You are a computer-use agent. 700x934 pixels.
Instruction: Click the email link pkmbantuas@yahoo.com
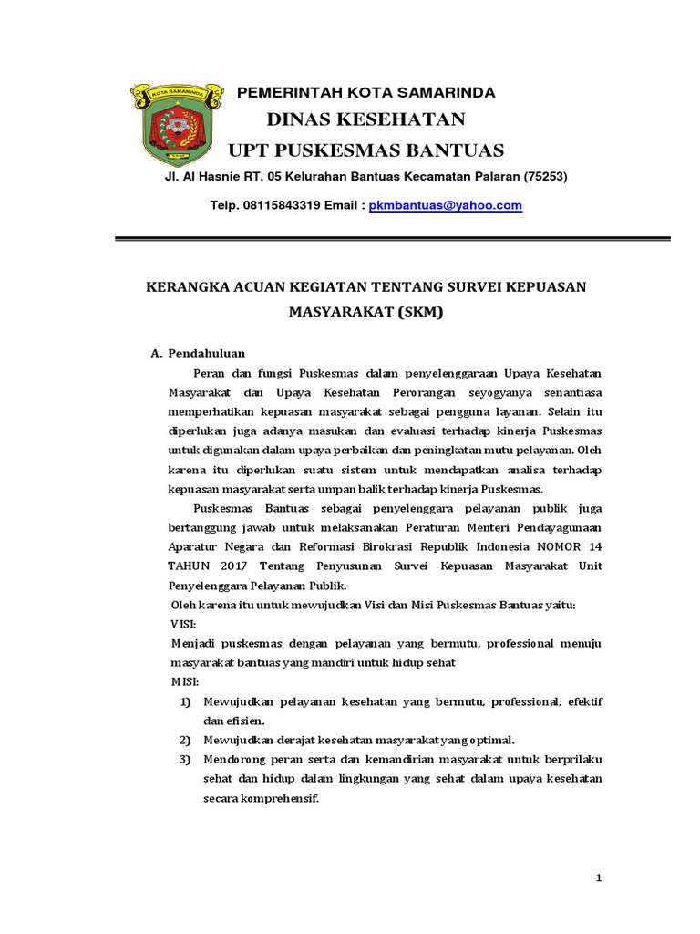pyautogui.click(x=445, y=206)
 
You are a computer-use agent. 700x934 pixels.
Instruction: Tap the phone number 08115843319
pyautogui.click(x=280, y=206)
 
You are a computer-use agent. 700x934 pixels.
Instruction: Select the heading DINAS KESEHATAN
pyautogui.click(x=365, y=119)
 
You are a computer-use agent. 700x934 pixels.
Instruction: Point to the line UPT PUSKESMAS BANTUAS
pyautogui.click(x=365, y=150)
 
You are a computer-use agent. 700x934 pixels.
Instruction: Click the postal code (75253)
pyautogui.click(x=545, y=176)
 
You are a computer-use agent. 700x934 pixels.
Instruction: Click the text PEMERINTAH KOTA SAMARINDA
pyautogui.click(x=366, y=93)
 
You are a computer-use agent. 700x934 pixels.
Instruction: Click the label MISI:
pyautogui.click(x=186, y=681)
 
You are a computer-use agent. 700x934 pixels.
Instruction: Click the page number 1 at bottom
pyautogui.click(x=599, y=877)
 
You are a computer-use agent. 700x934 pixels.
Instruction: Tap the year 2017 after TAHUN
pyautogui.click(x=233, y=566)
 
